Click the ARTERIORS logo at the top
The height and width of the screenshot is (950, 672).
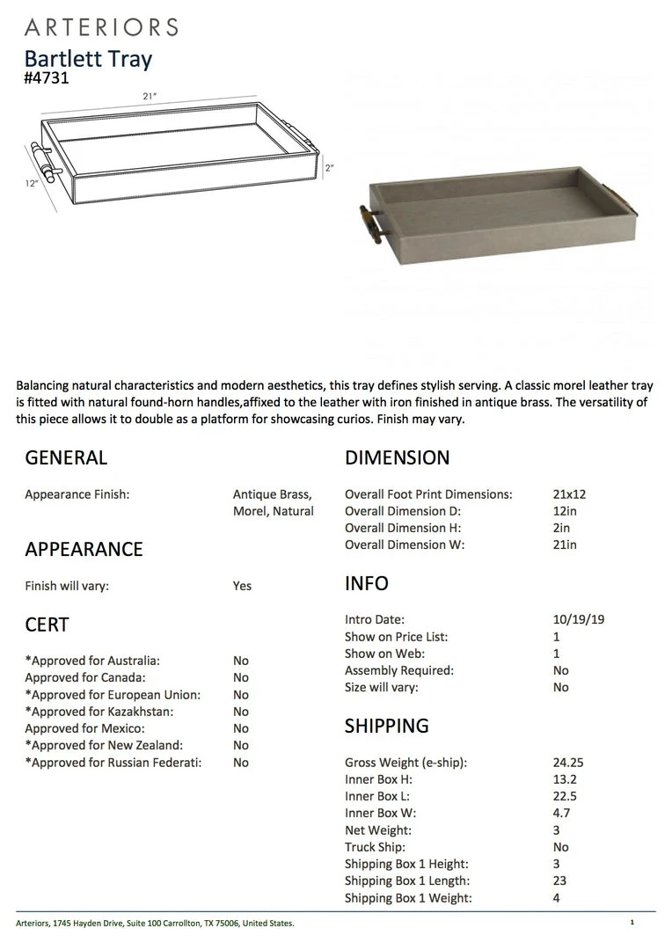point(102,26)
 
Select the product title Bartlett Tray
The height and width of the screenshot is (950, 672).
point(88,59)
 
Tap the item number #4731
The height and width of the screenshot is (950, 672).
point(47,77)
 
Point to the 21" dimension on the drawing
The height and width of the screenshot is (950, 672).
point(150,96)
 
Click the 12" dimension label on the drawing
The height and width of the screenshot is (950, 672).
point(32,184)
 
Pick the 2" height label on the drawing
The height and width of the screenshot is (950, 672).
point(329,167)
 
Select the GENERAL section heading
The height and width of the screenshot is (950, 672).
point(66,457)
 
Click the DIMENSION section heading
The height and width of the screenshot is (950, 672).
point(397,457)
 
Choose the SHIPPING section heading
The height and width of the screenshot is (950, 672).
point(386,726)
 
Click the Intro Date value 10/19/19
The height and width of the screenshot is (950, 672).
point(573,619)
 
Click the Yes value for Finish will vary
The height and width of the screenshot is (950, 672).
point(242,586)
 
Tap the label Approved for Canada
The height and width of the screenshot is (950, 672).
point(85,677)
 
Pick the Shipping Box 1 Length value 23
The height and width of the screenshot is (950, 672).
point(559,881)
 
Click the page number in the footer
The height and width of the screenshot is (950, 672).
point(632,922)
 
